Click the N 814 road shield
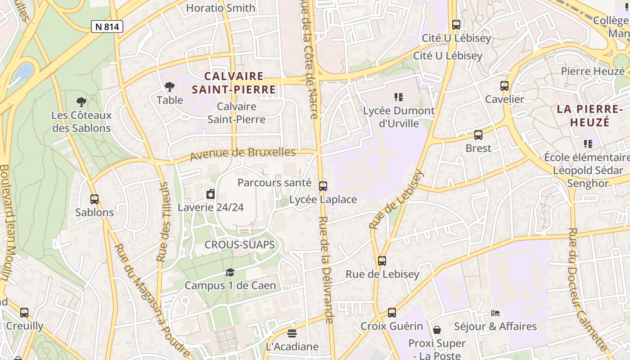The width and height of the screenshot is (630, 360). tap(107, 27)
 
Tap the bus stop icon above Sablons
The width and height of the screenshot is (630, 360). tap(94, 199)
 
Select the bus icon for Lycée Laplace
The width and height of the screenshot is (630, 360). tap(323, 186)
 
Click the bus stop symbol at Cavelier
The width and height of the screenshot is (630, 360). tap(504, 86)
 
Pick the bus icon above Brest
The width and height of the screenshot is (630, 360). tap(478, 135)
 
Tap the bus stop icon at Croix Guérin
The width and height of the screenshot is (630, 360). tap(392, 313)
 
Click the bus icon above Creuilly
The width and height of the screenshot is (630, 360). tap(24, 313)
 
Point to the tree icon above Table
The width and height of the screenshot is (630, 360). tap(170, 86)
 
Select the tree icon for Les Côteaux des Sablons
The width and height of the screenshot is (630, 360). tap(81, 102)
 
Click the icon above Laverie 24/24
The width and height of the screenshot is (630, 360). tap(211, 194)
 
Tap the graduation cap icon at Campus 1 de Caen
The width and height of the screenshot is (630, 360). tap(230, 272)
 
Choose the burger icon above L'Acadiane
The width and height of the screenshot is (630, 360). tap(292, 333)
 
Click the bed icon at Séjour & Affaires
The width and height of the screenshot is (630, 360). tap(495, 313)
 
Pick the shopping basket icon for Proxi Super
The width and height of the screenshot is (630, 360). tap(436, 330)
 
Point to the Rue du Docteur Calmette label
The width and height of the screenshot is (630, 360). tap(587, 288)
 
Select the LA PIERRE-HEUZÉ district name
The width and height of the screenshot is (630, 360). tap(589, 115)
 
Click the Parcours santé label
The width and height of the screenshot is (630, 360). tap(274, 182)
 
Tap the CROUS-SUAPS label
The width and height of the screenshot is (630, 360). tap(239, 245)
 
